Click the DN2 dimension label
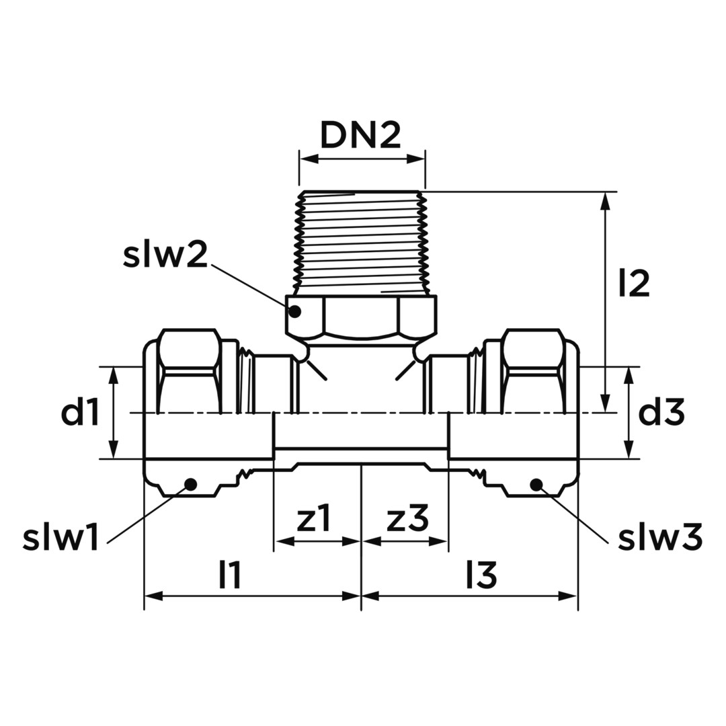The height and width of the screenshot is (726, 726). click(360, 136)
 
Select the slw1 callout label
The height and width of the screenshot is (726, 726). click(61, 538)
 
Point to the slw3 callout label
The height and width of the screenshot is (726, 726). click(660, 538)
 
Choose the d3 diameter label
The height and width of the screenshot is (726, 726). click(661, 413)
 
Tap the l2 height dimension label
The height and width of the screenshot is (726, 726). click(634, 284)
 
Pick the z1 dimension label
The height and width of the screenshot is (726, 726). click(314, 520)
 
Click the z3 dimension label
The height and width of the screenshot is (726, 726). click(407, 520)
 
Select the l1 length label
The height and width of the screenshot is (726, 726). click(230, 575)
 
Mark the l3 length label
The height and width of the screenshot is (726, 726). click(481, 575)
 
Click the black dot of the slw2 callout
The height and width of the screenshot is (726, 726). click(294, 312)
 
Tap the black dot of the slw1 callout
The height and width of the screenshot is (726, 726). click(190, 485)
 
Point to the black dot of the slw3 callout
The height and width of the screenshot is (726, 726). click(536, 485)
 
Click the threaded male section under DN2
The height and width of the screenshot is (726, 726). click(361, 243)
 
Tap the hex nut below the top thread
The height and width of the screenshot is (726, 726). click(361, 316)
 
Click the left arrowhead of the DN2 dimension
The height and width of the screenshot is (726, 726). click(307, 159)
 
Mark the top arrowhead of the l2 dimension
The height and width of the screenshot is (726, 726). click(604, 202)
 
